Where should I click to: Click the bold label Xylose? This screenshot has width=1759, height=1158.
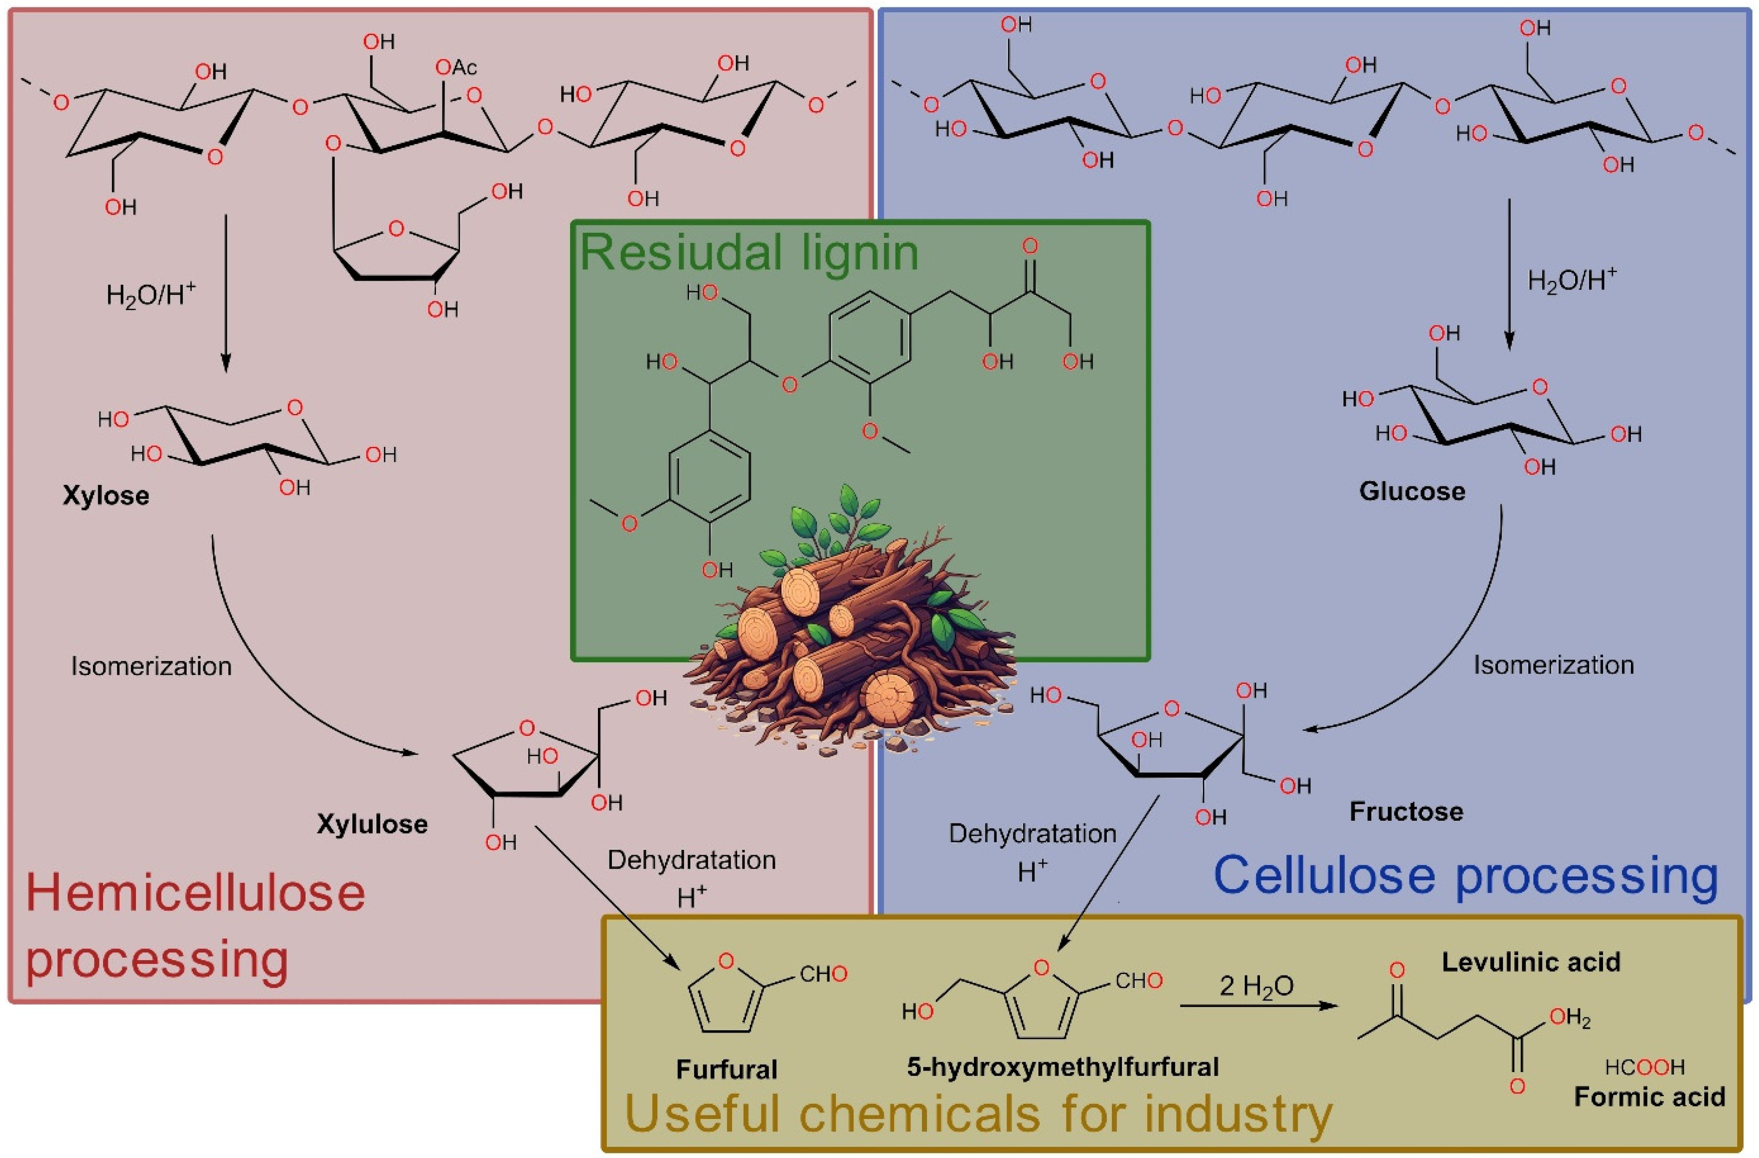[106, 496]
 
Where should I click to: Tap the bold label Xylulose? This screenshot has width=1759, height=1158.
[372, 824]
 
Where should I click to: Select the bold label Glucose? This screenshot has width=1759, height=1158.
[1412, 492]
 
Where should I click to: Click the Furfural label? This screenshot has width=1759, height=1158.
[727, 1069]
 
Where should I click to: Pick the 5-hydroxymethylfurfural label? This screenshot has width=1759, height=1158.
[1063, 1066]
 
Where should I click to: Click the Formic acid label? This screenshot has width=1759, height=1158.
[1649, 1096]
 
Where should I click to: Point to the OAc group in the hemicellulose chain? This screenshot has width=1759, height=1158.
[456, 68]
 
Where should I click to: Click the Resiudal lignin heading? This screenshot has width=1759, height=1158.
[749, 253]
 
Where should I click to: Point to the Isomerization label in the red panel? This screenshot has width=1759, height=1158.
[151, 666]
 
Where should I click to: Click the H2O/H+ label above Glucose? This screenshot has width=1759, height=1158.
[1572, 280]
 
